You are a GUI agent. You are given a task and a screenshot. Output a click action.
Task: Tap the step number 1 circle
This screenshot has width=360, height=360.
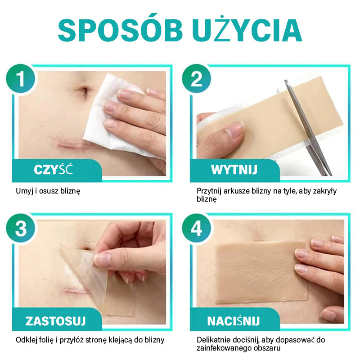(21, 78)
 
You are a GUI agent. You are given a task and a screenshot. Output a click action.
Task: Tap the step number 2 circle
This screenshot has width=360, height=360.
(197, 78)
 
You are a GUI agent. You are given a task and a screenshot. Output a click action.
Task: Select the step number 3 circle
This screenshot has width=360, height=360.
(21, 228)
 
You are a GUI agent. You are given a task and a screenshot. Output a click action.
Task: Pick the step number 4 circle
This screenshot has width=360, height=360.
(197, 228)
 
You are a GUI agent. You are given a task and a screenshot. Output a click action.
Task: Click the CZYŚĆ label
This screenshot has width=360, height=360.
(53, 170)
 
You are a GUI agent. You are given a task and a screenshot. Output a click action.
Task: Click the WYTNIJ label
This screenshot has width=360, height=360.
(234, 170)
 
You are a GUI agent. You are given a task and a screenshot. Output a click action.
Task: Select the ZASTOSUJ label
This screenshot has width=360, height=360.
(55, 321)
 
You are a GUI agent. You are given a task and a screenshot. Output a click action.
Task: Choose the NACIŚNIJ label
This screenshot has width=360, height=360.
(234, 320)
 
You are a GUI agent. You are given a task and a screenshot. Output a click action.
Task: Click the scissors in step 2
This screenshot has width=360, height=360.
(308, 127)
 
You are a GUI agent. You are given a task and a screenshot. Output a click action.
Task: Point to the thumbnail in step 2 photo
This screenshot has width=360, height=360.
(234, 130)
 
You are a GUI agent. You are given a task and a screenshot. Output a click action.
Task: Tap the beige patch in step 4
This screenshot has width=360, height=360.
(261, 272)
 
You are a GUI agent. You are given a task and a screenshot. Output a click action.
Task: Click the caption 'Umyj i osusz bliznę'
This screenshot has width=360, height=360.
(48, 191)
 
